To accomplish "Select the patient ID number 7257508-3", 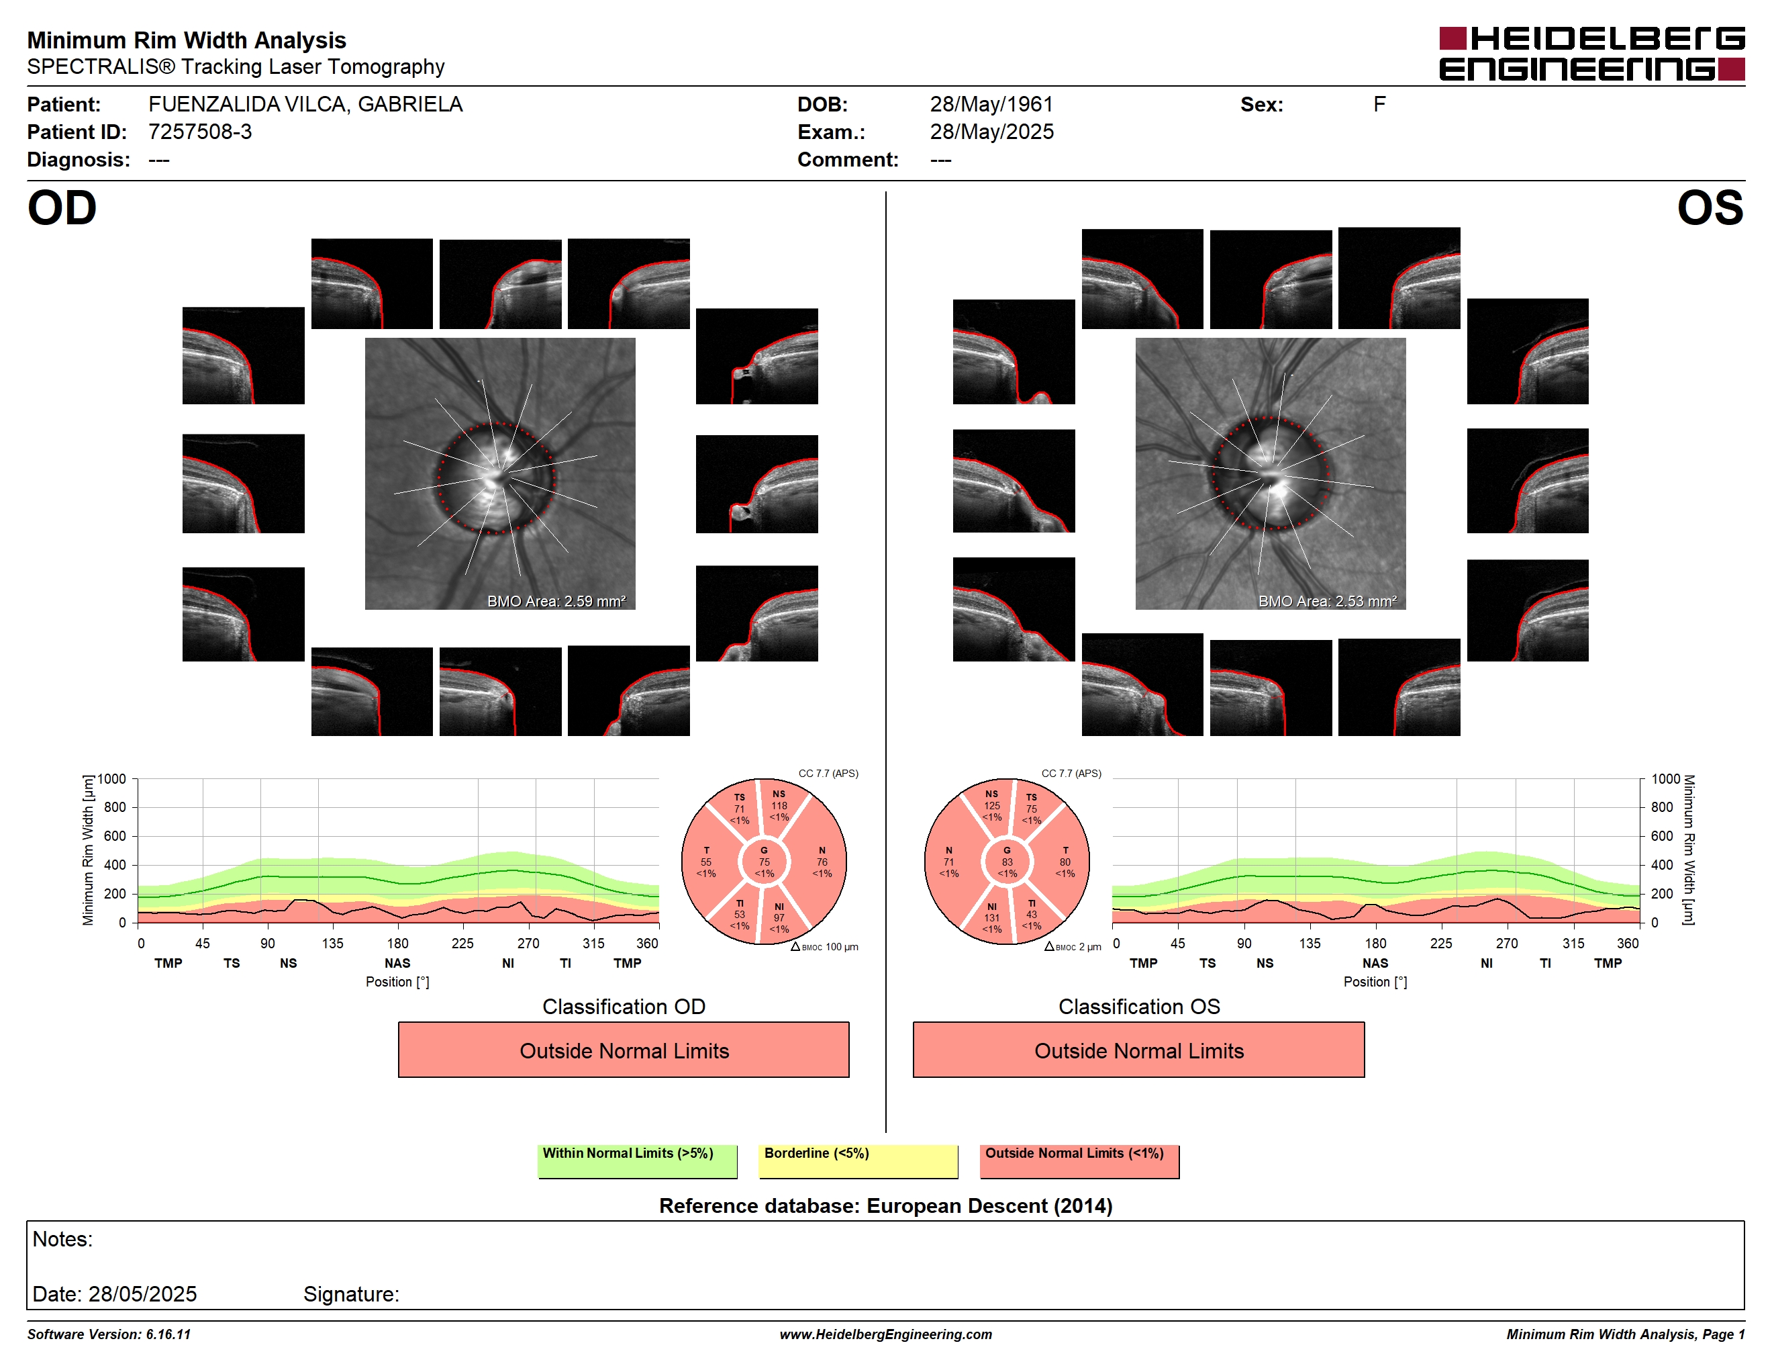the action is coord(199,132).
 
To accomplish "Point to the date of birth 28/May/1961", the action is coord(991,104).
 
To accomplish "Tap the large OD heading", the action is coord(62,208).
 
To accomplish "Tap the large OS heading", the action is coord(1710,208).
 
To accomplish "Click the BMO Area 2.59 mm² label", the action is coord(556,602).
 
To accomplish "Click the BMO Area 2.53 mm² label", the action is coord(1328,602).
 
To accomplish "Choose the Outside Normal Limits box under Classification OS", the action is coord(1138,1050).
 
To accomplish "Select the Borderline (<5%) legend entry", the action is coord(858,1160).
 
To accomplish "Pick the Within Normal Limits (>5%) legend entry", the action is coord(637,1160).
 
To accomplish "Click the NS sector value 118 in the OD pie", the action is coord(779,806).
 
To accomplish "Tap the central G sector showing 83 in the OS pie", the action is coord(1007,862).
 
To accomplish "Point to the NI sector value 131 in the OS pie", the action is coord(991,918).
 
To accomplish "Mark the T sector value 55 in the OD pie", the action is coord(706,862).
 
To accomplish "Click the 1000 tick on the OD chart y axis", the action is coord(113,779).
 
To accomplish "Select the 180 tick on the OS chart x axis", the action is coord(1375,943).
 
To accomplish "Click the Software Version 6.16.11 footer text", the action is coord(109,1334).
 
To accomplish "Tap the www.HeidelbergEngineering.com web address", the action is coord(885,1334).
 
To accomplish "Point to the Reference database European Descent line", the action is coord(885,1205).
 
